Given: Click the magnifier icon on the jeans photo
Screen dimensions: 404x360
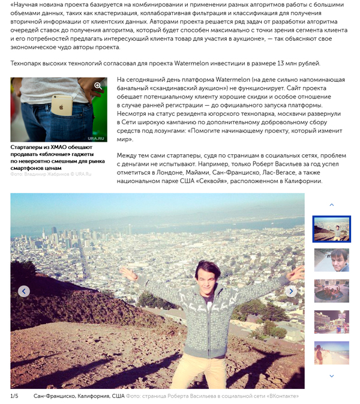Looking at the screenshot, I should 98,86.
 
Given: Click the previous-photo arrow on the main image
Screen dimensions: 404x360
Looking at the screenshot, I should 24,291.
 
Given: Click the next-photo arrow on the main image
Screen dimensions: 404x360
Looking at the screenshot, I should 291,291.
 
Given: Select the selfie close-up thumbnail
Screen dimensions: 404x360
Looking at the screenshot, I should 331,260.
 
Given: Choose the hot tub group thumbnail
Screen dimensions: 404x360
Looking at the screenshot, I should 331,291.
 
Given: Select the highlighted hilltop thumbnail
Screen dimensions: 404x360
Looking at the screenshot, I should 331,229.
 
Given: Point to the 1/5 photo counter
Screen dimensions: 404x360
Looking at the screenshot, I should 14,396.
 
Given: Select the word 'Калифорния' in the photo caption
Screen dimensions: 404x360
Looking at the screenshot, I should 91,396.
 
